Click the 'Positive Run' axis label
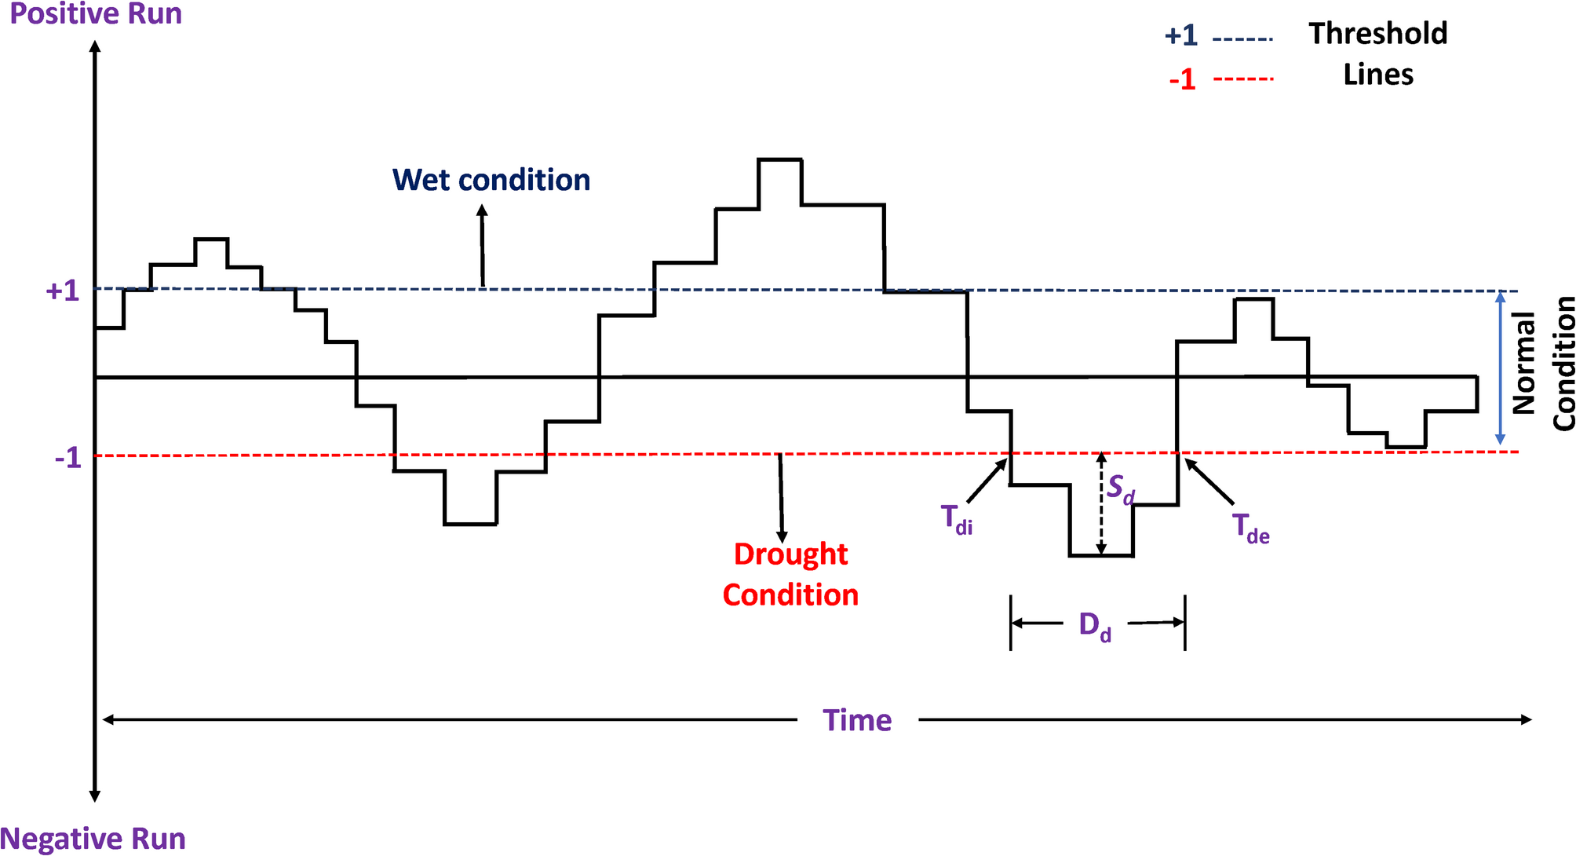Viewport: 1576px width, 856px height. tap(95, 14)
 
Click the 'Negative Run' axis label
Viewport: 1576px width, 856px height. tap(93, 839)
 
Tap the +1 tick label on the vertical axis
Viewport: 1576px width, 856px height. tap(63, 291)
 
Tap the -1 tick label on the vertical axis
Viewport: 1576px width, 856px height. tap(67, 458)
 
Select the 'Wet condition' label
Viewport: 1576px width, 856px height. tap(491, 181)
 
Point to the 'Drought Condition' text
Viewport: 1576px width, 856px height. tap(790, 575)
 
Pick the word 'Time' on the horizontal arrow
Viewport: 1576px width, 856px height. tap(857, 720)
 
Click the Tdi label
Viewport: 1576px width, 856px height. tap(956, 520)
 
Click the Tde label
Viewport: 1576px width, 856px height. tap(1250, 528)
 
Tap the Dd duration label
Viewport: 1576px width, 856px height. tap(1095, 627)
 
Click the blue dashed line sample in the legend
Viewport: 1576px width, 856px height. tap(1242, 38)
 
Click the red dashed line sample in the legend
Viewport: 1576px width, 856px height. tap(1242, 79)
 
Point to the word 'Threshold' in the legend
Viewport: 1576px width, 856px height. tap(1377, 34)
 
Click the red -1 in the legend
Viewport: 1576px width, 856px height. tap(1182, 79)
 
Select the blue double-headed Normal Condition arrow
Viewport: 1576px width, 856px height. tap(1501, 368)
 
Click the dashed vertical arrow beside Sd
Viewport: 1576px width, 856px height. tap(1101, 504)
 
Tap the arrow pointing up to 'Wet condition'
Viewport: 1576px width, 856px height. tap(483, 245)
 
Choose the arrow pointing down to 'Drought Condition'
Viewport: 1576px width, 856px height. tap(781, 495)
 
